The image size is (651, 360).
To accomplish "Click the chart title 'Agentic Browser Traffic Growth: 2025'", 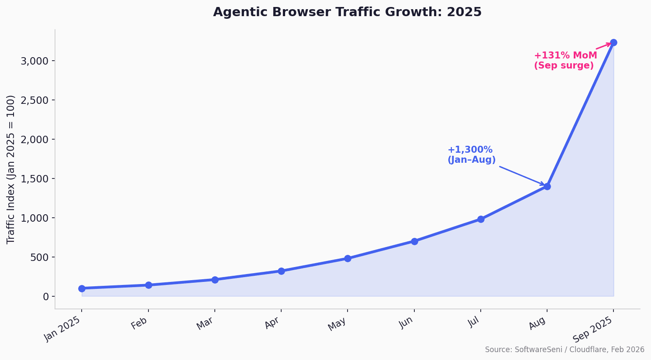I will click(x=347, y=12).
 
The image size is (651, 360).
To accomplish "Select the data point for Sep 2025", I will click(x=613, y=42).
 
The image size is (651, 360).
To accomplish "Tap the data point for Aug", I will click(x=547, y=186).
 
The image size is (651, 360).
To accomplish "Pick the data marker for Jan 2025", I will click(x=82, y=288).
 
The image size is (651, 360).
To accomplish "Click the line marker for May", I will click(x=348, y=258).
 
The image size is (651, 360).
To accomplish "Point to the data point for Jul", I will click(x=480, y=219).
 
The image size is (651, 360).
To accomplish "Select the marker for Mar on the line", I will click(x=215, y=280).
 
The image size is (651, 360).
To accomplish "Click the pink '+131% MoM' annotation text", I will click(x=565, y=55).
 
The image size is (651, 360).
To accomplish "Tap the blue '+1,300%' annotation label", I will click(x=470, y=150).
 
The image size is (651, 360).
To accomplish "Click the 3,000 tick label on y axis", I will click(x=34, y=61).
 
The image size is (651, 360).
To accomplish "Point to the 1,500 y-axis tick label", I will click(x=34, y=178).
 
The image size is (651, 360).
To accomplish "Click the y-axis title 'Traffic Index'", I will click(x=11, y=169).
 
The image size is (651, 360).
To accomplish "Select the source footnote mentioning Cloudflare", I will click(x=564, y=350).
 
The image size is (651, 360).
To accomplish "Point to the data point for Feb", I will click(x=148, y=285).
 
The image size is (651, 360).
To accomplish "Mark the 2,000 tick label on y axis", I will click(x=34, y=139).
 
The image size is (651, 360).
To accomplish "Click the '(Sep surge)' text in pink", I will click(x=563, y=66).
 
